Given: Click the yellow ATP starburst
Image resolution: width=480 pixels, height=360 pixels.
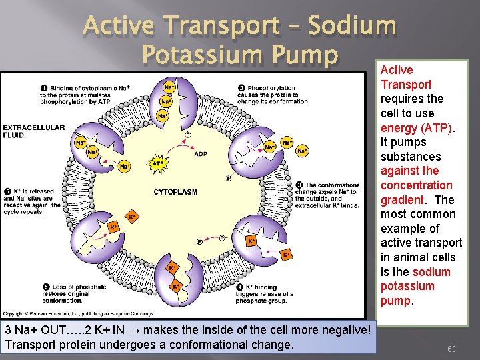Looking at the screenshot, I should [158, 163].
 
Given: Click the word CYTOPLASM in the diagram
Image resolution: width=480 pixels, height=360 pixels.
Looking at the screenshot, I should [175, 192].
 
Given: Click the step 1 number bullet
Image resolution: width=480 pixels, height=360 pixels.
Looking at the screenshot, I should [44, 87].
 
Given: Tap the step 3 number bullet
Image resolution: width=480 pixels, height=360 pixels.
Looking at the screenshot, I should [299, 185].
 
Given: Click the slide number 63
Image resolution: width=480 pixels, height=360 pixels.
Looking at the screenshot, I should [451, 349].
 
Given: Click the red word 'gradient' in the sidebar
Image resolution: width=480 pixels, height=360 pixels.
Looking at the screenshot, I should [402, 199].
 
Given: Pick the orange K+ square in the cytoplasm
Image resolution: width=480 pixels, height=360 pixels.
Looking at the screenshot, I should [132, 217].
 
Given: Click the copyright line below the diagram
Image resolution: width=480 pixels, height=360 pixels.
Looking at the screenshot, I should [79, 313].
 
